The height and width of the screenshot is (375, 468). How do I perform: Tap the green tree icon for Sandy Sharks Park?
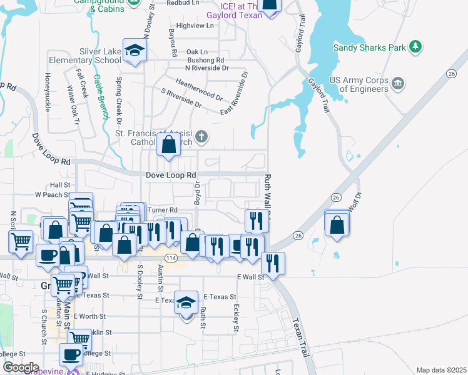coord(414,46)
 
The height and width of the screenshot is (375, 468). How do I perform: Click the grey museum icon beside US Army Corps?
coord(397,83)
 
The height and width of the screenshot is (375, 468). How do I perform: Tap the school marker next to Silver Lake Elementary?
coord(134,51)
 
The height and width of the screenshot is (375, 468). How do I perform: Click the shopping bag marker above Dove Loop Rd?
coord(169,145)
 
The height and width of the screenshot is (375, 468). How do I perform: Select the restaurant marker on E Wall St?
coord(273,262)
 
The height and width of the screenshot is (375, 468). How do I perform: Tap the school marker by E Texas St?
coord(186,304)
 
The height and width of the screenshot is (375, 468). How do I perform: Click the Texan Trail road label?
coord(301,338)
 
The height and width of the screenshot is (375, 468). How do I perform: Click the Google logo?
coord(21,367)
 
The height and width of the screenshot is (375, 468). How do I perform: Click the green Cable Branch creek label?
coord(101,97)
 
